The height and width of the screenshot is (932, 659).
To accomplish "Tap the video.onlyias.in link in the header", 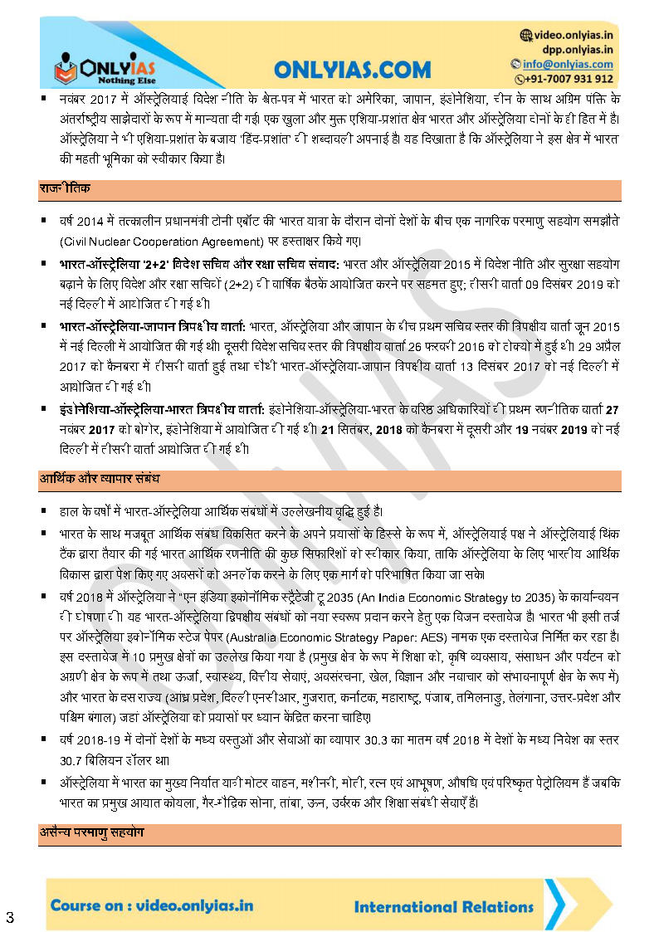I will pos(573,36).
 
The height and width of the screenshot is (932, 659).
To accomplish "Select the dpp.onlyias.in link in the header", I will pos(578,50).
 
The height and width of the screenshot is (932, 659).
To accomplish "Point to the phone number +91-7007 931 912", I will pos(569,79).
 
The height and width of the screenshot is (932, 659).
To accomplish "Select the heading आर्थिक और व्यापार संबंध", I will pos(100,480).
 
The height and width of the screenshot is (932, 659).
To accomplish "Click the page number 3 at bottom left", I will pos(10,916).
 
